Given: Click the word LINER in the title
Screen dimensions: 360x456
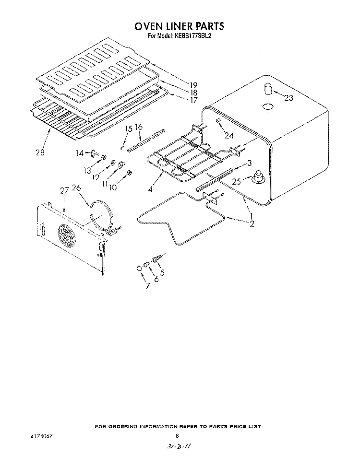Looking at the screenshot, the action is click(178, 26).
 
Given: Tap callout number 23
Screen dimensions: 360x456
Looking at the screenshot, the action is click(288, 98).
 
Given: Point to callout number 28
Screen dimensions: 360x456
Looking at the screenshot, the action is click(40, 152).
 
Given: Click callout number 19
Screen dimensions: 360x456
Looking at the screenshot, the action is click(193, 85).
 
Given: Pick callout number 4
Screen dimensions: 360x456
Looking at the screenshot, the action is click(150, 189).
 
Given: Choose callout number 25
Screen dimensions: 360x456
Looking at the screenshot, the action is click(237, 182).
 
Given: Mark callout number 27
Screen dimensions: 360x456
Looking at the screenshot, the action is click(64, 190).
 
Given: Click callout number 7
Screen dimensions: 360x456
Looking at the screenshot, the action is click(148, 286).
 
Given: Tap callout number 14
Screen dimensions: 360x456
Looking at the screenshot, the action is click(80, 152).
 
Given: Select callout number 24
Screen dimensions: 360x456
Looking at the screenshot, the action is click(229, 135).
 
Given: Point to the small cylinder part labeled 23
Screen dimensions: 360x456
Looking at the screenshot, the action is click(268, 89).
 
